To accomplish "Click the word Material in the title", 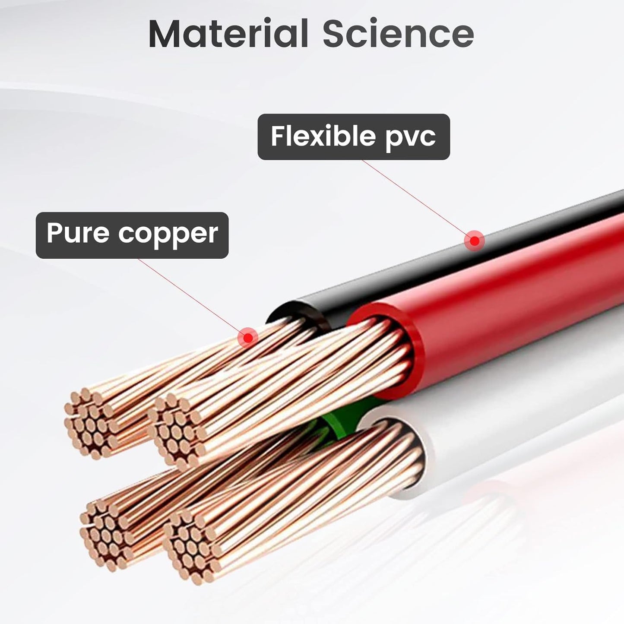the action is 228,34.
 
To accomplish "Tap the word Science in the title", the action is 398,34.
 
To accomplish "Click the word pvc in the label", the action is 410,139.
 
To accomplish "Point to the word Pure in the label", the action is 78,232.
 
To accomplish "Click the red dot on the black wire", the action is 475,241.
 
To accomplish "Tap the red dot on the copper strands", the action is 248,337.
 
